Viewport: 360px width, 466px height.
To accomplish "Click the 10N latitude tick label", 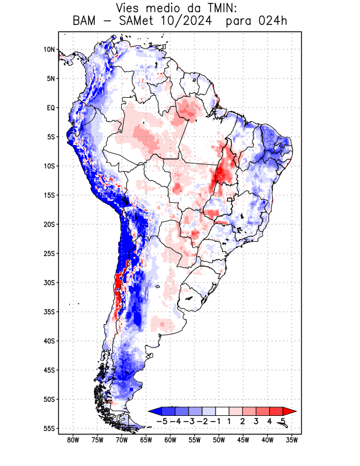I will click(49, 50).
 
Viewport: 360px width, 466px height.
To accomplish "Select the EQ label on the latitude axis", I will click(51, 108).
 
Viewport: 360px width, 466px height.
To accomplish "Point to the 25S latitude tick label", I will click(49, 253).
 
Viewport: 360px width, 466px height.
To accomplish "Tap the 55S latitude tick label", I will click(49, 429).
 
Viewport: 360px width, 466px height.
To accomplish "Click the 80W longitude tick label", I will click(73, 440).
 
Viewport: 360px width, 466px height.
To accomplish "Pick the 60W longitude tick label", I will click(171, 440).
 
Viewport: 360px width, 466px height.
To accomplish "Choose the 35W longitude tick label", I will click(292, 440).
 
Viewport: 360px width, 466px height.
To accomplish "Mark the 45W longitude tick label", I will click(243, 440).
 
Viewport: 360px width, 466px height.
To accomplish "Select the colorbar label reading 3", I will click(256, 421).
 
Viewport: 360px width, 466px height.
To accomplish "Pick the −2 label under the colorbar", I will click(203, 421).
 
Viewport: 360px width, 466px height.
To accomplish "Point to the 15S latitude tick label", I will click(49, 195).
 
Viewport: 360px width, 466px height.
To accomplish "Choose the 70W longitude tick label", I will click(122, 440).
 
